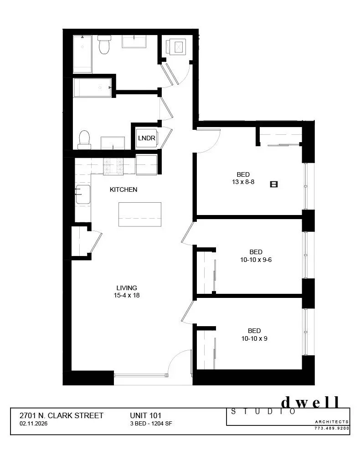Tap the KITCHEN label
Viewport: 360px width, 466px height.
(123, 189)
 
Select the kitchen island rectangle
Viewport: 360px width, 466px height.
(139, 214)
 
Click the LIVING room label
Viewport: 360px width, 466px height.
(127, 288)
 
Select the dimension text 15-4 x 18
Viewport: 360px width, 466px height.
(127, 295)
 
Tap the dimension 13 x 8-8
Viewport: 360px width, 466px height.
(243, 182)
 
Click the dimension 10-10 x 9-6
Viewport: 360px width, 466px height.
(256, 260)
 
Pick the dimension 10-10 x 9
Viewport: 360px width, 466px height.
(254, 338)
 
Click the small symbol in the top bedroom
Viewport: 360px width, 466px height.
(274, 184)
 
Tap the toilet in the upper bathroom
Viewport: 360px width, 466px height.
(104, 45)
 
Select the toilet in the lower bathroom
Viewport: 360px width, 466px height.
(84, 139)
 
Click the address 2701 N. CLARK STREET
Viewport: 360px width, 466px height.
(62, 415)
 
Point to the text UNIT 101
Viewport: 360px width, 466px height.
(146, 415)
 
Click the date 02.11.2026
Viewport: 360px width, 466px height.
(34, 423)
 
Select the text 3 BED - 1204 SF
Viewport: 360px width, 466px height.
(151, 423)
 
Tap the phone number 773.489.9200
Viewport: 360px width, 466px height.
(332, 428)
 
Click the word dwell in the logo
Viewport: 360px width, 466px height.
(310, 402)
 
